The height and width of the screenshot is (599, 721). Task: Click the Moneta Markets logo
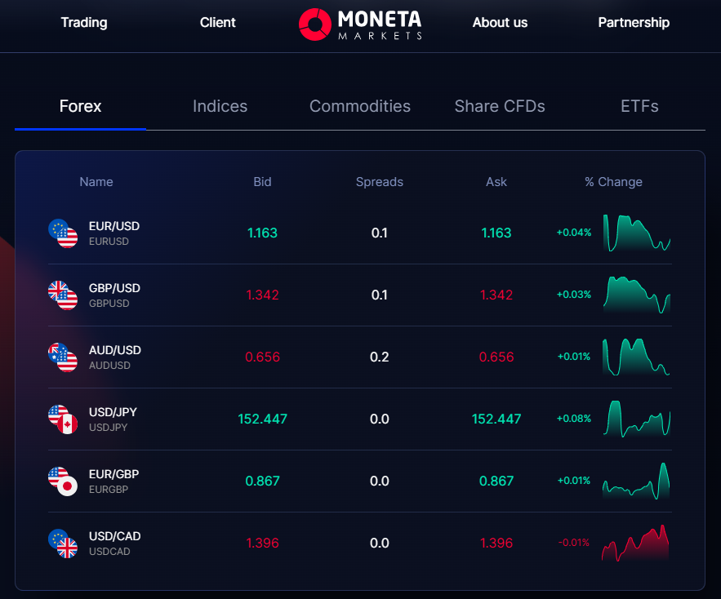click(360, 24)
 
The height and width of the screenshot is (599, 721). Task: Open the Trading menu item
click(84, 22)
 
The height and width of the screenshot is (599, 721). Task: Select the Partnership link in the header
click(634, 22)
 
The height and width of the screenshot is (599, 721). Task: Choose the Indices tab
click(220, 106)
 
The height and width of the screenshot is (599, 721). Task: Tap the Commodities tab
click(360, 106)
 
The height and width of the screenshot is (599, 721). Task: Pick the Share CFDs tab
click(500, 106)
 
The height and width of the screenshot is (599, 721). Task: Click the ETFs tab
click(639, 106)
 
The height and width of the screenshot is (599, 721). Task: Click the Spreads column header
click(380, 182)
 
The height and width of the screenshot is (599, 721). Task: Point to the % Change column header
click(613, 182)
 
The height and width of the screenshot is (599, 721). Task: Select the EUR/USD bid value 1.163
click(262, 233)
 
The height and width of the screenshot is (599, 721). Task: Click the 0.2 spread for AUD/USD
click(380, 357)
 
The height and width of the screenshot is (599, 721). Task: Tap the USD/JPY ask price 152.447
click(496, 419)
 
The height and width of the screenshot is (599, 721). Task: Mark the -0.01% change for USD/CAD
click(573, 543)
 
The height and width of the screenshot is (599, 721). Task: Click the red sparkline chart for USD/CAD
click(636, 543)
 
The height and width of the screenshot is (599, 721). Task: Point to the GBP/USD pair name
click(114, 288)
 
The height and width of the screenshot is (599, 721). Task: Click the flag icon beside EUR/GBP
click(62, 481)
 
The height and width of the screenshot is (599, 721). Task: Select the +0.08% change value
click(573, 419)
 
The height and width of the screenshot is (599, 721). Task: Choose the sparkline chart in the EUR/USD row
click(636, 233)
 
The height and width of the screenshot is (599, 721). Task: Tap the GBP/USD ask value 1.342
click(496, 295)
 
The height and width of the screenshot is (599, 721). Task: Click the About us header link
click(500, 22)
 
